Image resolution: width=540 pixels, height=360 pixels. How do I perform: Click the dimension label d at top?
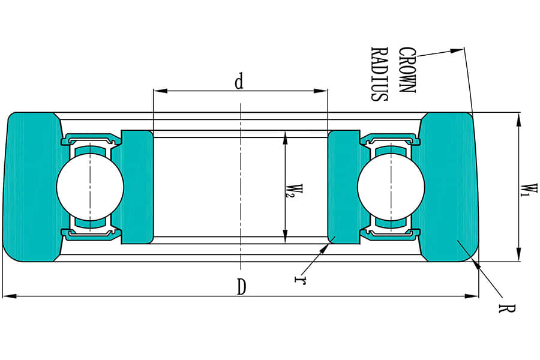pyautogui.click(x=239, y=82)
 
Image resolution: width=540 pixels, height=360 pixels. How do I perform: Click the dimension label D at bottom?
pyautogui.click(x=242, y=287)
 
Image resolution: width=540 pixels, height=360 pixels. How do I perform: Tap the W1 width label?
pyautogui.click(x=529, y=191)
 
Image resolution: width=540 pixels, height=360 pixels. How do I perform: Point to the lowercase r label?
pyautogui.click(x=300, y=280)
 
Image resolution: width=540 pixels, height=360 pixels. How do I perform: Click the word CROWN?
pyautogui.click(x=407, y=70)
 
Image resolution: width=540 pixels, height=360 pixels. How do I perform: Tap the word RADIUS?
pyautogui.click(x=379, y=74)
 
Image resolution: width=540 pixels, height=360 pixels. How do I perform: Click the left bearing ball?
pyautogui.click(x=90, y=187)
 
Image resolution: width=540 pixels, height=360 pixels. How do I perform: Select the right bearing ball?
pyautogui.click(x=391, y=187)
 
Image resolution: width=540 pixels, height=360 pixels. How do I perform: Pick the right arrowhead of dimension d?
pyautogui.click(x=320, y=91)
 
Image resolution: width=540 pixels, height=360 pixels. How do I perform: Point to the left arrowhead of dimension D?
pyautogui.click(x=9, y=296)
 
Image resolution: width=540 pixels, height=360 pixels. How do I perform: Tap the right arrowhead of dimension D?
pyautogui.click(x=472, y=296)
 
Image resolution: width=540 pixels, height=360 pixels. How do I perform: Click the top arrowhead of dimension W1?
pyautogui.click(x=518, y=119)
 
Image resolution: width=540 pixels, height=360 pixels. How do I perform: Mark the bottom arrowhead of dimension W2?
pyautogui.click(x=285, y=236)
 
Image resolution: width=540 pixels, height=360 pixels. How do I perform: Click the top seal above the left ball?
pyautogui.click(x=91, y=140)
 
